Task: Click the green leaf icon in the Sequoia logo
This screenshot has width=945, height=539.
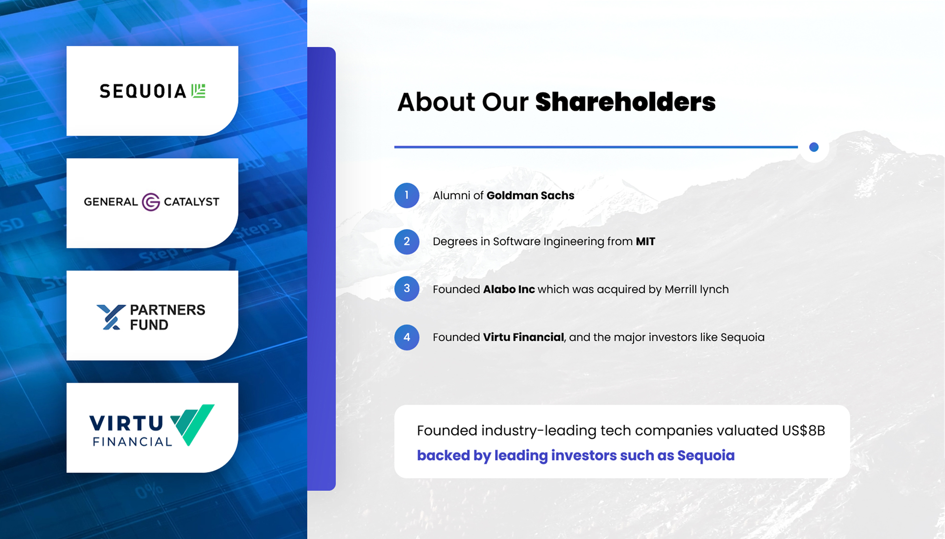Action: coord(199,91)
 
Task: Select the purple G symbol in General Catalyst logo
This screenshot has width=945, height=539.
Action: coord(151,202)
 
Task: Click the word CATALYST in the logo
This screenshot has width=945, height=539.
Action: coord(191,202)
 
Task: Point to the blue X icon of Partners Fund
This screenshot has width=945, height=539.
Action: coord(111,317)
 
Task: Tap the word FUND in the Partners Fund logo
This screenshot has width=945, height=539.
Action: coord(149,325)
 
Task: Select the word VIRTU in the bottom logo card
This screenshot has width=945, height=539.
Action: coord(126,424)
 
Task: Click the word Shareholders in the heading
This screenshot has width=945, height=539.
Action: coord(625,102)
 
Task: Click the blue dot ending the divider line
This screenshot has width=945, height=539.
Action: coord(814,147)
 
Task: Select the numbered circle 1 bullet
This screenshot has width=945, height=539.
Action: coord(407,195)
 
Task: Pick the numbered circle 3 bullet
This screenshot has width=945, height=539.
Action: coord(407,289)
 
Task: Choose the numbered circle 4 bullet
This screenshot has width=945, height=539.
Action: coord(407,337)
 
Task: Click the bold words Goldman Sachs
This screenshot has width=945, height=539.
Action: coord(530,195)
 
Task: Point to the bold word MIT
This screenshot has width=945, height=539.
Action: coord(645,242)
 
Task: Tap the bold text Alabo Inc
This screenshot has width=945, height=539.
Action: coord(509,289)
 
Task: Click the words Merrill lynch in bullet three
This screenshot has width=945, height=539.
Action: coord(697,290)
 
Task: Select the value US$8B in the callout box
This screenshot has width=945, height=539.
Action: coord(803,431)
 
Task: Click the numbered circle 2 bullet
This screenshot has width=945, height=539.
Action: coord(407,242)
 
